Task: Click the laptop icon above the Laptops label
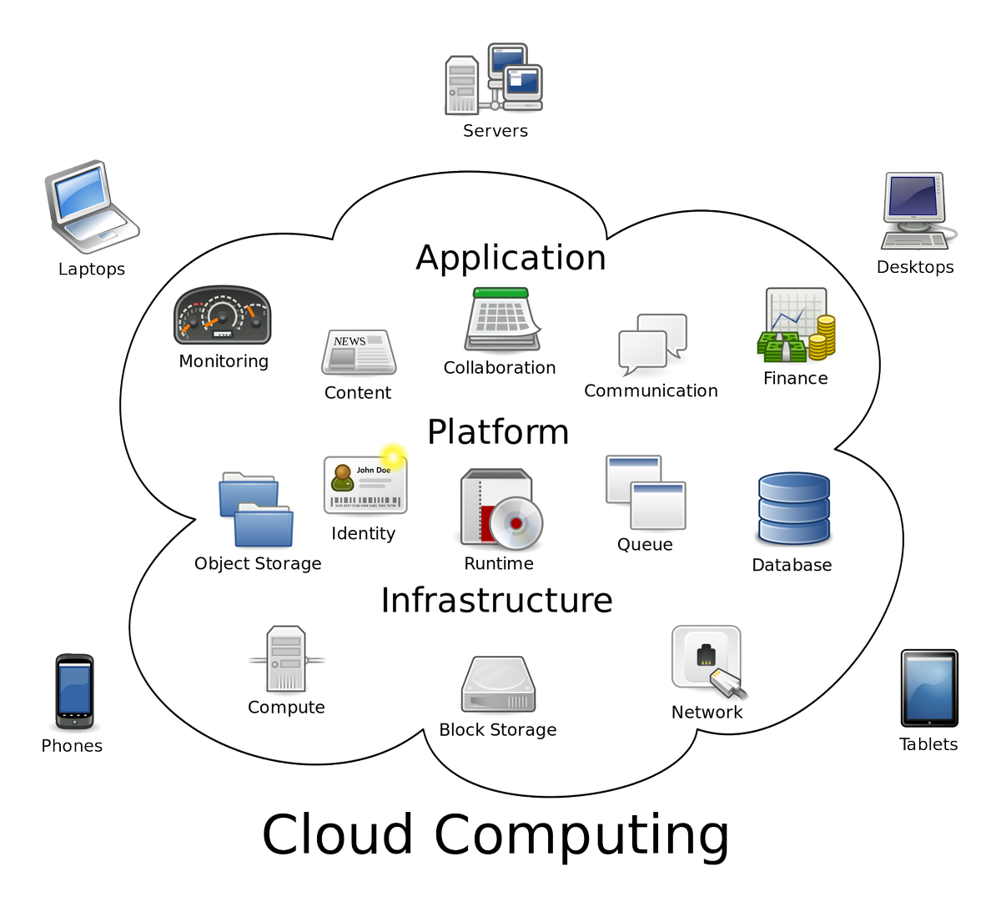[90, 207]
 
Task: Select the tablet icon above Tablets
[928, 688]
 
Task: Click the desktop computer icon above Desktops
[916, 210]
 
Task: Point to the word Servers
[495, 131]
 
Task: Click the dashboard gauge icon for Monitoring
[222, 316]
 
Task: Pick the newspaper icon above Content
[359, 353]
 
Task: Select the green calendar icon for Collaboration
[502, 320]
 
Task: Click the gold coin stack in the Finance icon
[823, 337]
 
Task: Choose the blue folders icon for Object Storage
[256, 510]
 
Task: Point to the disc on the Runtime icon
[516, 523]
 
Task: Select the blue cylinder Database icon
[793, 509]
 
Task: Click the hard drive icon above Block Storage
[498, 685]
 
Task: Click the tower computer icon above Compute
[286, 660]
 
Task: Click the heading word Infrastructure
[496, 600]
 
